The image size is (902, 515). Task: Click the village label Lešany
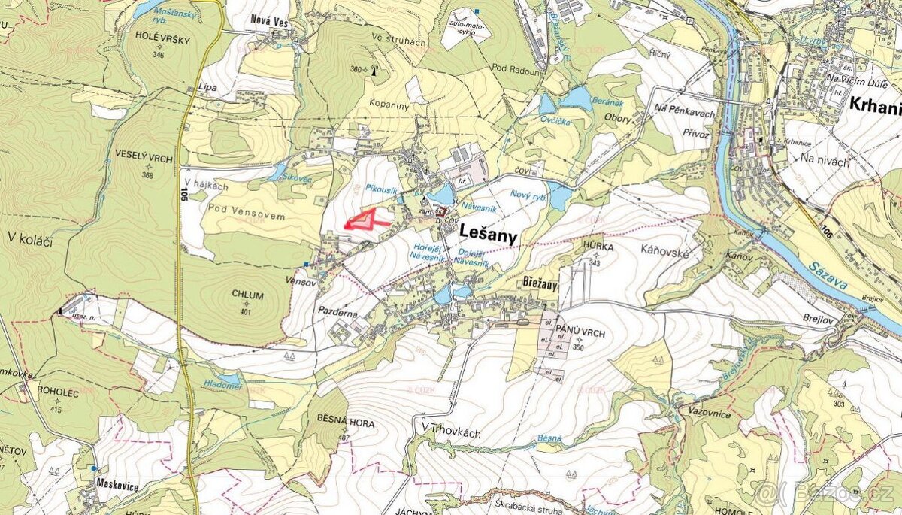(x=488, y=237)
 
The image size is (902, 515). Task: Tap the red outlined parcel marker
(x=365, y=220)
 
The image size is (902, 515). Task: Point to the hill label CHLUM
(x=247, y=295)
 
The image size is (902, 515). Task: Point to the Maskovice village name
(x=117, y=486)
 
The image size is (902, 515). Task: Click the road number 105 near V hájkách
(x=183, y=194)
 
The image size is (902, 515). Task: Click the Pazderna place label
(x=338, y=309)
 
